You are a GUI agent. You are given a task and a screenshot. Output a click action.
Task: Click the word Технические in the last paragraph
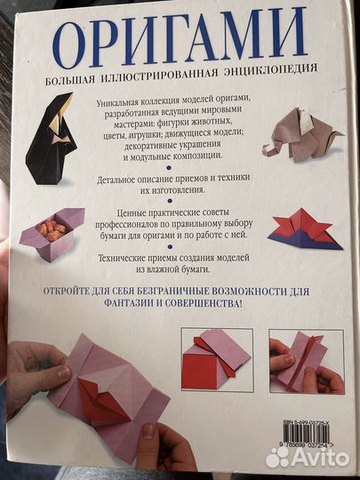coord(137,262)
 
